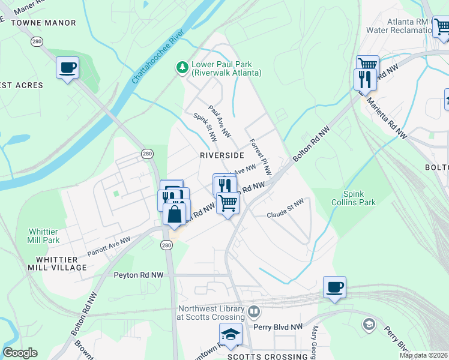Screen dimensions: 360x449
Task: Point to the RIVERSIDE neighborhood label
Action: coord(221,155)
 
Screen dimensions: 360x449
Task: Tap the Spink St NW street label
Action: coord(205,128)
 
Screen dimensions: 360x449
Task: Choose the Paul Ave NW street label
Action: coord(220,122)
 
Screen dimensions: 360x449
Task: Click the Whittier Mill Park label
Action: coord(44,236)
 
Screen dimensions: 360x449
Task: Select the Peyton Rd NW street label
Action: coord(139,275)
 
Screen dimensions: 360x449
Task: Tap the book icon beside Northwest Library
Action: coord(254,312)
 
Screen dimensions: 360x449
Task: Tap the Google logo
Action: coord(20,353)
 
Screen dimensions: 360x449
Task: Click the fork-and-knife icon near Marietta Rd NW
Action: coord(365,79)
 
